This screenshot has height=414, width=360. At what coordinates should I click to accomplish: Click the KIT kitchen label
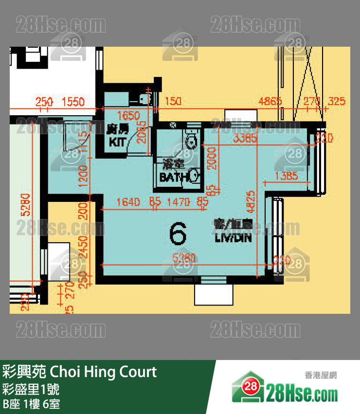[x=118, y=142]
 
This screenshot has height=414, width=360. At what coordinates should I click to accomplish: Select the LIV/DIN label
[x=234, y=238]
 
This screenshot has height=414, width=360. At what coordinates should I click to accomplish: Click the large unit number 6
[x=178, y=234]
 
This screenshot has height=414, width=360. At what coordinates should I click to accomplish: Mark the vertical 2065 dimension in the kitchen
[x=141, y=131]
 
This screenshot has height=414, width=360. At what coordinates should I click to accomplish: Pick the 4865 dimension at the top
[x=270, y=102]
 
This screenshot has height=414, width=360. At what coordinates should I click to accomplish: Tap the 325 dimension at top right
[x=337, y=102]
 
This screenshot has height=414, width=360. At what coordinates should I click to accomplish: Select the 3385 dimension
[x=245, y=139]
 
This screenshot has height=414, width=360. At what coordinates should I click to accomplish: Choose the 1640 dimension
[x=128, y=201]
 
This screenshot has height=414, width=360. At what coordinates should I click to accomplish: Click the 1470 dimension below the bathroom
[x=179, y=201]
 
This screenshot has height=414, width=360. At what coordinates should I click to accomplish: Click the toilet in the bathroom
[x=192, y=140]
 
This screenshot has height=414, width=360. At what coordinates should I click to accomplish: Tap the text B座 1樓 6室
[x=31, y=404]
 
